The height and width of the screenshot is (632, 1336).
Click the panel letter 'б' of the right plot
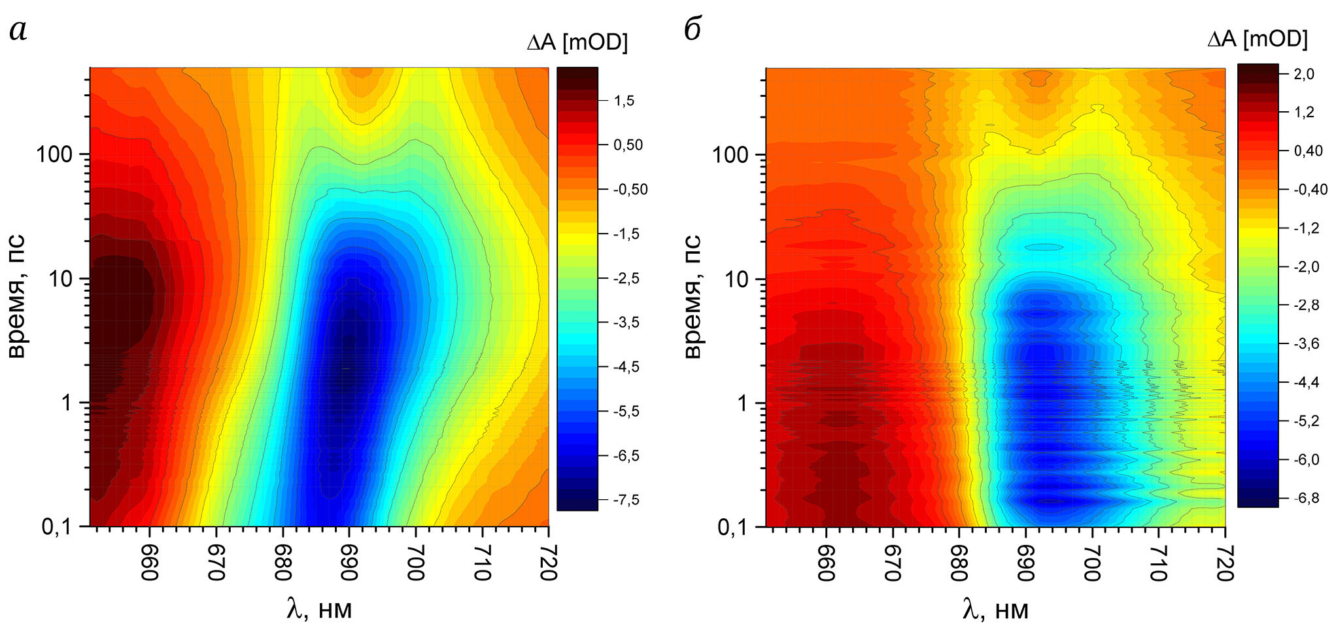(693, 29)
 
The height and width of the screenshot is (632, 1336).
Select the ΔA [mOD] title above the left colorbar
(577, 43)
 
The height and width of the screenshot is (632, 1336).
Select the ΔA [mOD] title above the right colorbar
(1257, 40)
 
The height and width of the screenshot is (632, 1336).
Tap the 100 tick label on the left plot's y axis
(54, 155)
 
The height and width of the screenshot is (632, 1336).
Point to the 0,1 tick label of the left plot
(57, 527)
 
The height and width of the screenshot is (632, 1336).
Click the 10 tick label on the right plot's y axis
(736, 279)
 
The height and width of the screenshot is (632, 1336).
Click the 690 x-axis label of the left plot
(349, 563)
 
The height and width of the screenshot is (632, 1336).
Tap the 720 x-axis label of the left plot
(547, 563)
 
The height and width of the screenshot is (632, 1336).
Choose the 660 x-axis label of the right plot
(826, 563)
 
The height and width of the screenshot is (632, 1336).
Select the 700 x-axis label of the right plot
(1091, 563)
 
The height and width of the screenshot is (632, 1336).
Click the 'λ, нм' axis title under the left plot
(319, 610)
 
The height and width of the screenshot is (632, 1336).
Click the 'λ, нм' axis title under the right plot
(995, 610)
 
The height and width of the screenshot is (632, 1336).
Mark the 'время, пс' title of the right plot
(693, 296)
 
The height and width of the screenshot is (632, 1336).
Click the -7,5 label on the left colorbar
(626, 500)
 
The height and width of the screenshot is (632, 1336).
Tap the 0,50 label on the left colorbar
(628, 145)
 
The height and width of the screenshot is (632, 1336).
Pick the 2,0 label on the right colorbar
(1303, 75)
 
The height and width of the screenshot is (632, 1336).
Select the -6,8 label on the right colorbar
(1306, 499)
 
